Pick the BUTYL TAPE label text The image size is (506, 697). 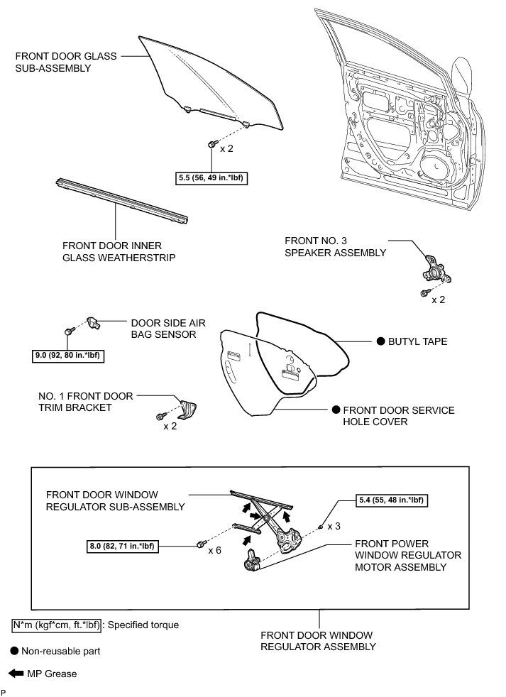tap(417, 341)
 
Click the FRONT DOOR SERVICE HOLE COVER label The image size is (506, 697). tap(398, 417)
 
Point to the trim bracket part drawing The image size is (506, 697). tap(187, 410)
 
